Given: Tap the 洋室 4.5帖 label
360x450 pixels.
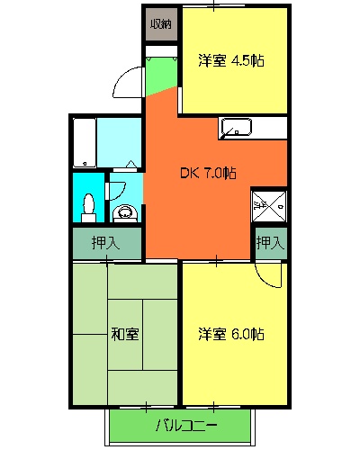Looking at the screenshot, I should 231,62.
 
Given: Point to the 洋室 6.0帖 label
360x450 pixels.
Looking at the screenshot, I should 231,334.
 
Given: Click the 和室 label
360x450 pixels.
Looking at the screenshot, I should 125,334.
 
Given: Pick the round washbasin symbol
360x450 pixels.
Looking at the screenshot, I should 125,213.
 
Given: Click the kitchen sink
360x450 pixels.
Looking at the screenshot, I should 238,128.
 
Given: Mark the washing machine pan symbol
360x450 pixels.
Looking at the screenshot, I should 267,204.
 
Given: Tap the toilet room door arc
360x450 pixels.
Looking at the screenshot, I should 115,192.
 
